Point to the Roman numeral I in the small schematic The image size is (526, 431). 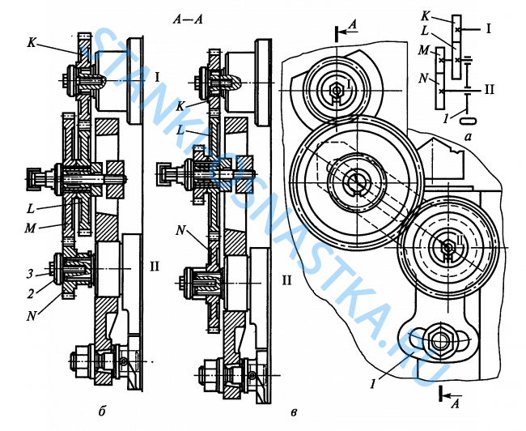(489, 29)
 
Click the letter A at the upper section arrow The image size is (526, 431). (350, 26)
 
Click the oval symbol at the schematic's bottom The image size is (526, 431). (465, 120)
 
